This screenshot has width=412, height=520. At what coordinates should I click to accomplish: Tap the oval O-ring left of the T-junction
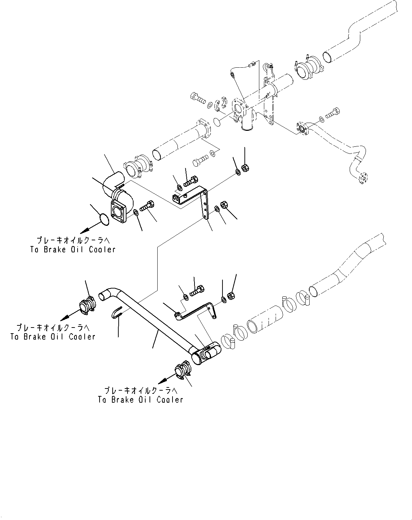(218, 122)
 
